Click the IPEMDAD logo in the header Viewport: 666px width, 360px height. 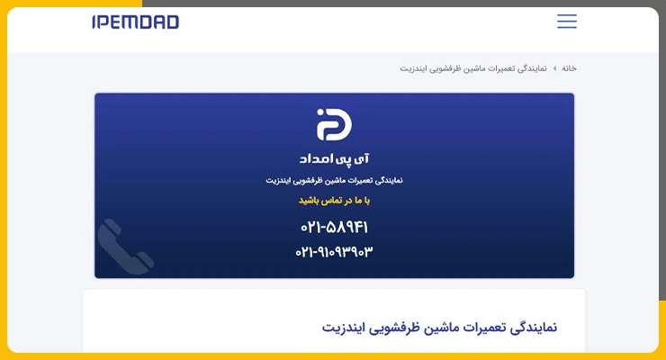coord(136,22)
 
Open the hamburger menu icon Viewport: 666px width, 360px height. coord(567,21)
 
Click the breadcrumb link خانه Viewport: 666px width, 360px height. coord(569,68)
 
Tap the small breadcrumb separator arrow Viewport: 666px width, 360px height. coord(554,68)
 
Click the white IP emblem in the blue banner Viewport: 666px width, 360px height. coord(334,124)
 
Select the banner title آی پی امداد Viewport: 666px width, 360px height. coord(334,159)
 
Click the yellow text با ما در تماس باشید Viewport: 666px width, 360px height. coord(334,201)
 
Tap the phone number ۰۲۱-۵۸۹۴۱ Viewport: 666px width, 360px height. coord(334,228)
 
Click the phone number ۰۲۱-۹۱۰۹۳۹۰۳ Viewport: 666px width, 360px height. coord(334,252)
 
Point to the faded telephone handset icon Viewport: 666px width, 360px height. coord(124,247)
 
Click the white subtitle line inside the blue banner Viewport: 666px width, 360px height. coord(334,181)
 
